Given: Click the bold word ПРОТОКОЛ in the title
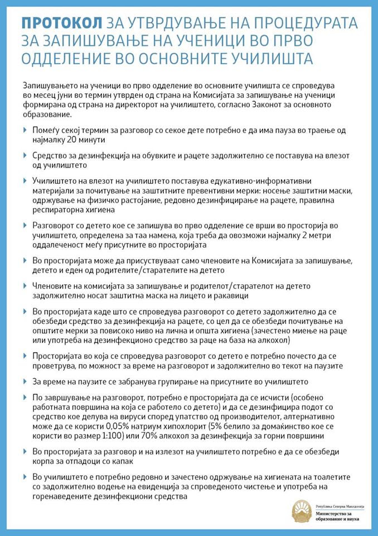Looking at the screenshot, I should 62,23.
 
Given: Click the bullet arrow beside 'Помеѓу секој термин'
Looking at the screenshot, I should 25,130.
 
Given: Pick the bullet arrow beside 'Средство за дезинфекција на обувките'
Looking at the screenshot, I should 25,156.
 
